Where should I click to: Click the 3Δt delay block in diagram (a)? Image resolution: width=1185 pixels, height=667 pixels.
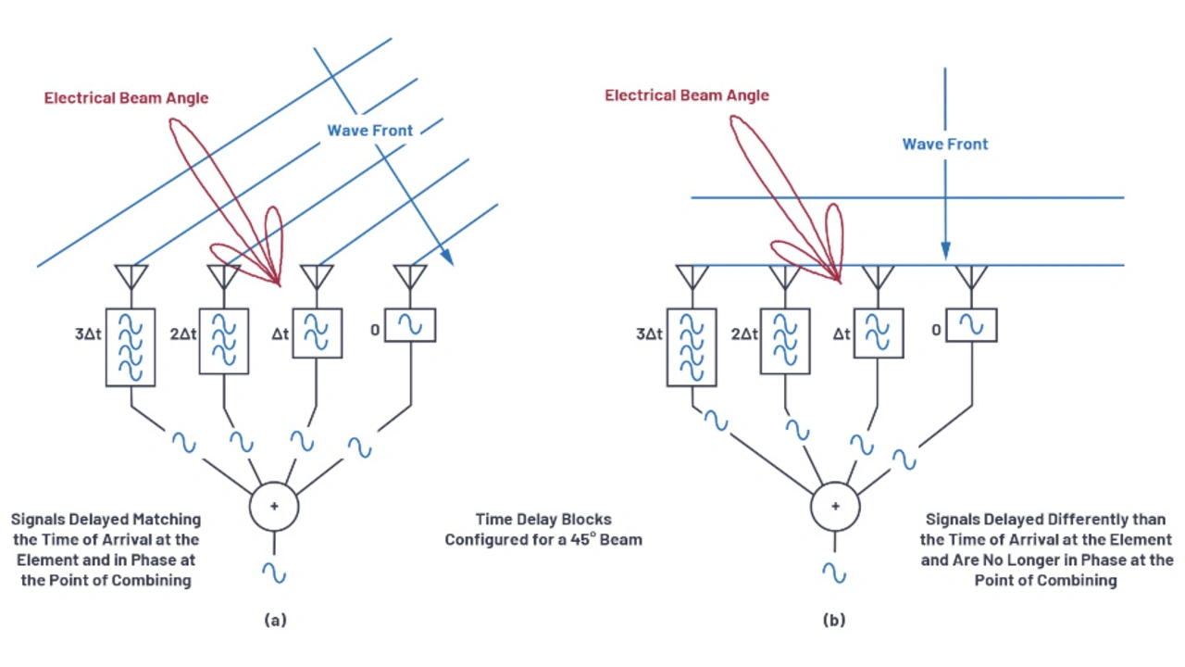(130, 346)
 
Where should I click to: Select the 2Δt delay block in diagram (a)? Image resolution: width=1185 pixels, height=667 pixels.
(224, 341)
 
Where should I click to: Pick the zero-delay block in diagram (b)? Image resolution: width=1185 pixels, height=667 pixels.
(971, 325)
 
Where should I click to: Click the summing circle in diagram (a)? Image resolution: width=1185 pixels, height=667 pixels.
(274, 507)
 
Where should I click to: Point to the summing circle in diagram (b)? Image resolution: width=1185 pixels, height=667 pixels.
(835, 507)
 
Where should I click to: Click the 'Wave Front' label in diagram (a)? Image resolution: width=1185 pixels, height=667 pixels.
(369, 131)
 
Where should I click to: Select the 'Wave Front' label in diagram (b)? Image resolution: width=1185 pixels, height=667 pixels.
(945, 145)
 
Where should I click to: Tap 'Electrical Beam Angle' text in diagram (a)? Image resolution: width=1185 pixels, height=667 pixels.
(126, 98)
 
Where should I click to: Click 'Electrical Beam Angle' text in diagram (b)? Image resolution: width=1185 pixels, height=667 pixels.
(687, 95)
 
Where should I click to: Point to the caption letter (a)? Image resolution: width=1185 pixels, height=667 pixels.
(274, 621)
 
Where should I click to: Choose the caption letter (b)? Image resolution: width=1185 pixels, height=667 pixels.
(834, 621)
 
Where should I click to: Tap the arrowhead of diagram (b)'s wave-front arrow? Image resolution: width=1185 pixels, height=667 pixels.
(945, 251)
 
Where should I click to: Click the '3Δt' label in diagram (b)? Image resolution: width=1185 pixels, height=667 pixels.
(650, 333)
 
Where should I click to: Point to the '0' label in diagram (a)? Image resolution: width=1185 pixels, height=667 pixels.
(375, 326)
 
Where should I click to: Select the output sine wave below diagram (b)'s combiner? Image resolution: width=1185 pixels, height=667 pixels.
(835, 572)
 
